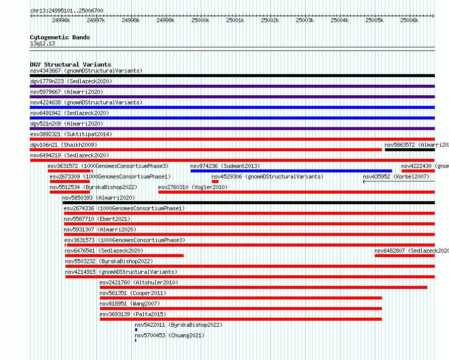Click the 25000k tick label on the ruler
click(x=200, y=20)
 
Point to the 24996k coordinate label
click(x=61, y=20)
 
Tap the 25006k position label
click(x=409, y=20)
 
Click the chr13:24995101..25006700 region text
click(x=67, y=11)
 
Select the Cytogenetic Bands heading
click(x=60, y=37)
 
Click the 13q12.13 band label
click(x=42, y=43)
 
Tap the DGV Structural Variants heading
click(x=71, y=65)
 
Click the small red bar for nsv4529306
click(x=215, y=182)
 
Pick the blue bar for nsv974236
click(x=291, y=171)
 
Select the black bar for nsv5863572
click(x=410, y=150)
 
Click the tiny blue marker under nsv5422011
click(x=136, y=330)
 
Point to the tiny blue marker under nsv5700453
click(x=136, y=340)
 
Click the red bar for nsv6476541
click(x=124, y=256)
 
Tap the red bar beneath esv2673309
click(x=70, y=182)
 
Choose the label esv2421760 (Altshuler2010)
click(x=139, y=282)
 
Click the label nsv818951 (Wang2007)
click(x=130, y=304)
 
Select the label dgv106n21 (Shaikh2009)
click(x=64, y=145)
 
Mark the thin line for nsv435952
click(x=399, y=182)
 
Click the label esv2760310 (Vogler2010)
click(x=193, y=187)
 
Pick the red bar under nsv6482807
click(x=405, y=256)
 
